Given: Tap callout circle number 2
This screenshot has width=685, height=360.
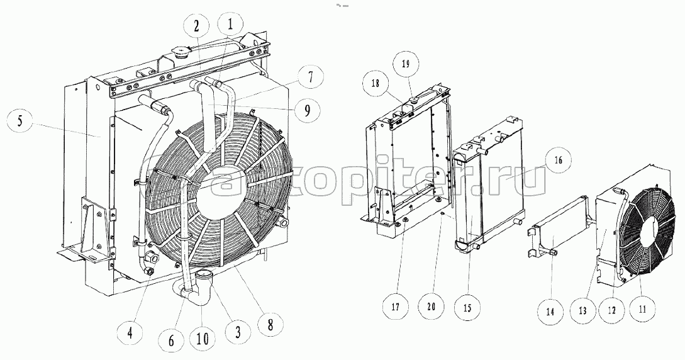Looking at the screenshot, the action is point(197,26).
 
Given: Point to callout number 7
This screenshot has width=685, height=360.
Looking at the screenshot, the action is point(310,78).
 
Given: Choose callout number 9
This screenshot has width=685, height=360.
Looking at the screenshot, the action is point(306,110).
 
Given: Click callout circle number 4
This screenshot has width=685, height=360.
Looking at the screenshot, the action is point(130,334).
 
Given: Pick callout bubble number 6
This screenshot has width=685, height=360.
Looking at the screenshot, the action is point(171,340).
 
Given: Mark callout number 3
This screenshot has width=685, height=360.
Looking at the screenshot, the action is point(238,332).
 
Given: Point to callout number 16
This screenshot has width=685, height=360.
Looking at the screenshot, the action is point(559,160).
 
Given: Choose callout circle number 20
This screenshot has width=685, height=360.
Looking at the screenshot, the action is point(432,307).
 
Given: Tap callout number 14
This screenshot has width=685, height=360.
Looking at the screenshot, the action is point(550,312).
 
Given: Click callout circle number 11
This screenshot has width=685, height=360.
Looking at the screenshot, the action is point(642,309).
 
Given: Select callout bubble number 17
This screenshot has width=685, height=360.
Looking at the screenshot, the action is point(396,307).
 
